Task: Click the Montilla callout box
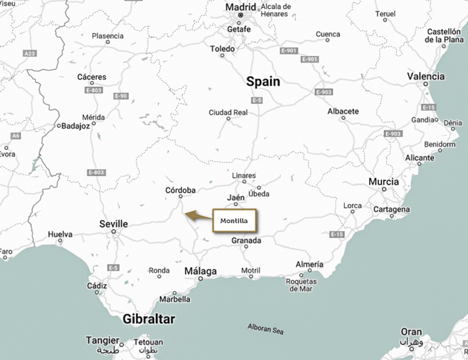coord(234,221)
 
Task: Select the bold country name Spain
coord(263,82)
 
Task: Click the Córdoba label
coord(180,190)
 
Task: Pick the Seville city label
coord(113,224)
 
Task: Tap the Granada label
coord(247,241)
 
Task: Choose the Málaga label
coord(200,271)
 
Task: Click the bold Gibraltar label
coord(149,319)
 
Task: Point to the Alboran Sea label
coord(266,329)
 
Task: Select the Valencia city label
coord(425,76)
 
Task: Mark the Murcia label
coord(383,181)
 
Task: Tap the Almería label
coord(310,265)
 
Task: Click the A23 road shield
coord(29,53)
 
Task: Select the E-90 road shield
coord(121,96)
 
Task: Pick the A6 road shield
coord(16,136)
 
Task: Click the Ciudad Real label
coord(228,112)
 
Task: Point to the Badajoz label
coord(76,126)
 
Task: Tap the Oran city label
coord(411,332)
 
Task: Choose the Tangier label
coord(103,340)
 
